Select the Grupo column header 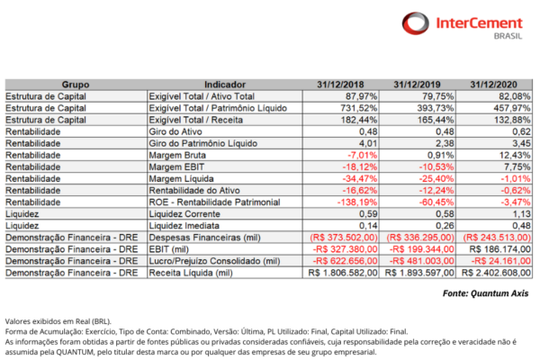pos(75,84)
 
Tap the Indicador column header pos(226,84)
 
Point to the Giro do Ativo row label pos(175,130)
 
